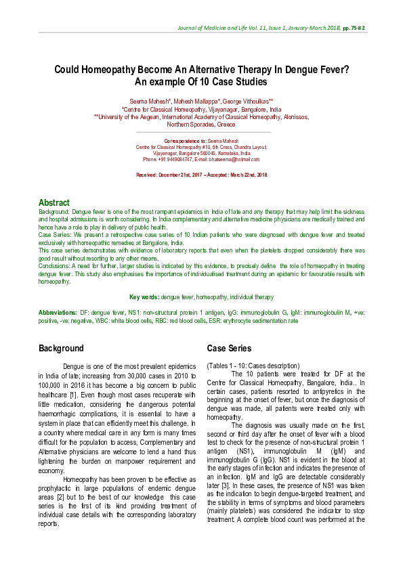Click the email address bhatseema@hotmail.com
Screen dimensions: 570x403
(232, 159)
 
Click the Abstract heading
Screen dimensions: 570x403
(54, 202)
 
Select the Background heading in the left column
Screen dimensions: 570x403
(61, 349)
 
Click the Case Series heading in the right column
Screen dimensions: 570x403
(229, 349)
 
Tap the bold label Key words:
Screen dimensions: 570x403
(145, 297)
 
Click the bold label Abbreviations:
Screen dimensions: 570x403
(58, 312)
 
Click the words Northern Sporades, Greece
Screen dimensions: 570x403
(201, 125)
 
